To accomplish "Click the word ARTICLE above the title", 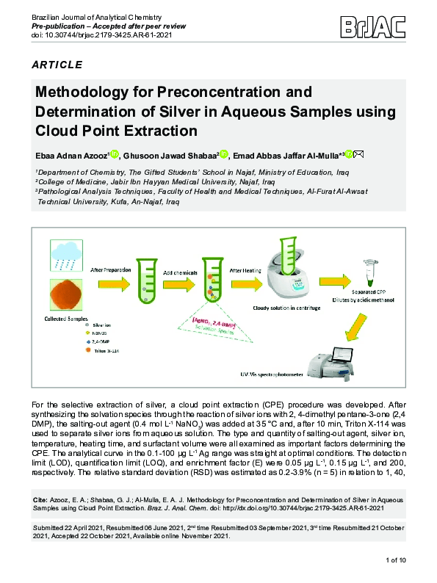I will point(57,65).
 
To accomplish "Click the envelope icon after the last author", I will point(358,155).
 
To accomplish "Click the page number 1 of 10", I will point(401,560).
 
